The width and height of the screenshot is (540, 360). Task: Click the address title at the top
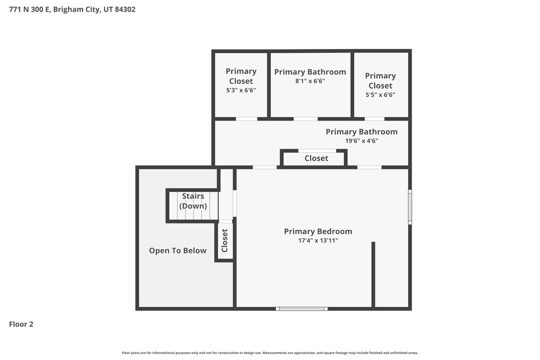(72, 9)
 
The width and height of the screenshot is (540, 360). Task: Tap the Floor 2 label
(21, 324)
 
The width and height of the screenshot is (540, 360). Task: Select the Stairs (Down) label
(193, 201)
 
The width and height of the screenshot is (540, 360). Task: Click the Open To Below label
(178, 250)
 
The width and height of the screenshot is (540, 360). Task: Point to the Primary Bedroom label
(318, 231)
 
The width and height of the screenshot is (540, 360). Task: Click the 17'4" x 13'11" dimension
(318, 241)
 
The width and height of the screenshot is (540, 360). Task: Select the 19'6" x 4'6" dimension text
(362, 141)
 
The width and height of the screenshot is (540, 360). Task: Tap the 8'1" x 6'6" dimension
(310, 81)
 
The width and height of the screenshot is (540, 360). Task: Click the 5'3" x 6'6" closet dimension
(241, 90)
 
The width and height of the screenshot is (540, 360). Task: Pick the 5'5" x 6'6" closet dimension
(380, 95)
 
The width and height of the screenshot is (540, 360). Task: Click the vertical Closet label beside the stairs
(225, 240)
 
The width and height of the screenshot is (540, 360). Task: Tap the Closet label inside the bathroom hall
(316, 158)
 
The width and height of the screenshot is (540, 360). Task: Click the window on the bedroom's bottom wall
(302, 308)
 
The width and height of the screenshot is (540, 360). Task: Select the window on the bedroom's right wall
(410, 207)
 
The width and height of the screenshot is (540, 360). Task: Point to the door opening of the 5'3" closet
(246, 119)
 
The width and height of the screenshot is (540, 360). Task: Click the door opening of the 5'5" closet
(374, 119)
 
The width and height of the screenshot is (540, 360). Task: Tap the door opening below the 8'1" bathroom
(305, 119)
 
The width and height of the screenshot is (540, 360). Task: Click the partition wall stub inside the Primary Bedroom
(373, 274)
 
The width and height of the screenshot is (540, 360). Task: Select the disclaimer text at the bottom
(270, 353)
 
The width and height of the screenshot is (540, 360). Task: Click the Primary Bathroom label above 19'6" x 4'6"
(362, 132)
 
